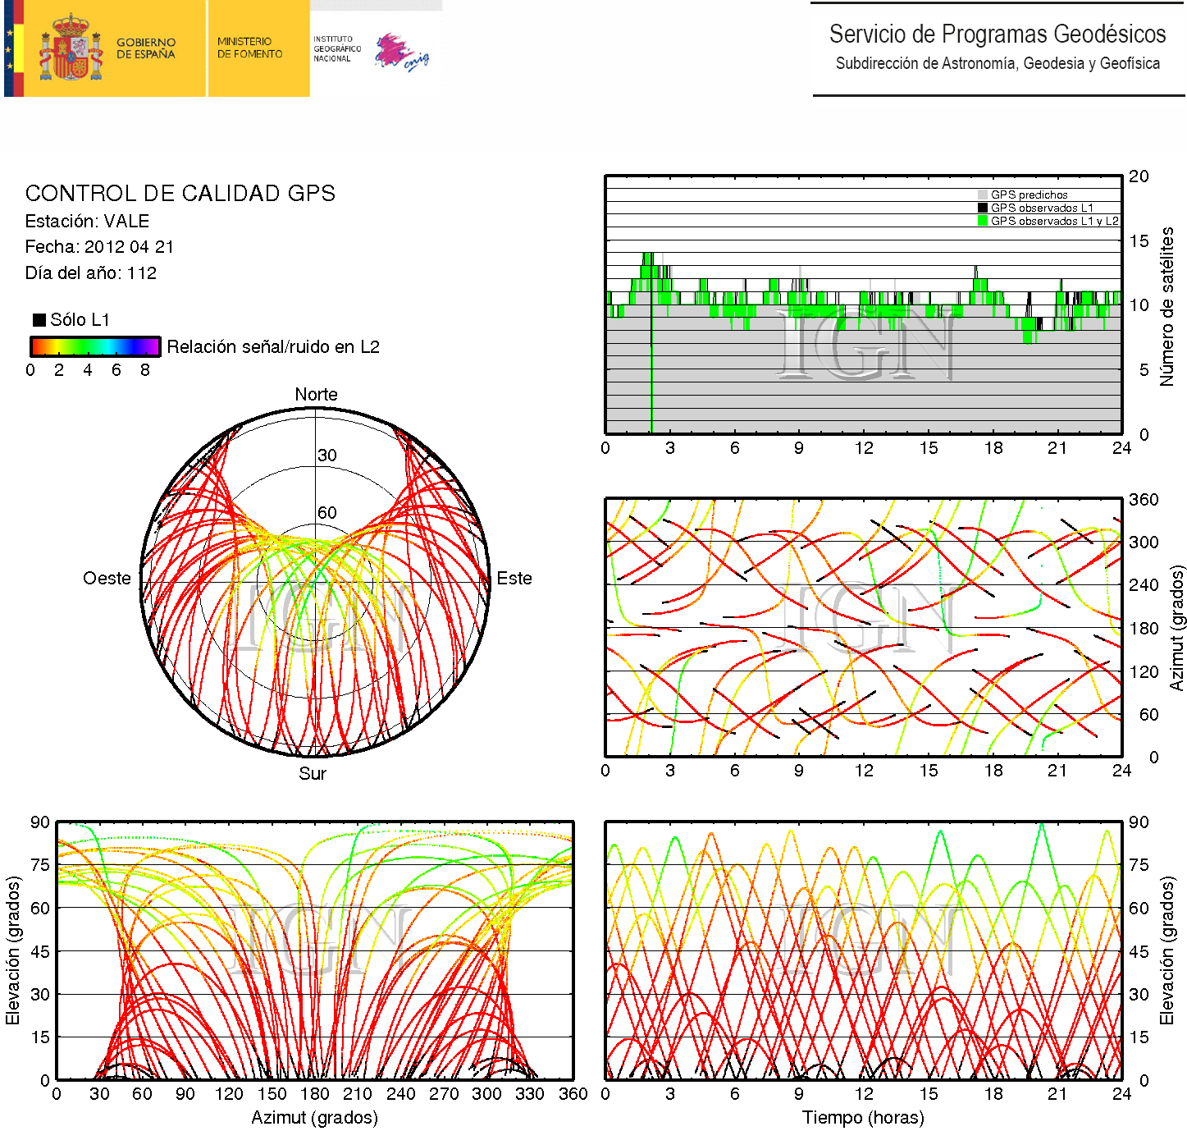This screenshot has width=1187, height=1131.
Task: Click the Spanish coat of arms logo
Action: tap(71, 48)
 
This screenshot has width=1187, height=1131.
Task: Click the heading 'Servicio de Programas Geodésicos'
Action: tap(997, 34)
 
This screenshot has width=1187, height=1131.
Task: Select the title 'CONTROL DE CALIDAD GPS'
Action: tap(180, 194)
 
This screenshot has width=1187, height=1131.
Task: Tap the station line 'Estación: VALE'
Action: tap(87, 222)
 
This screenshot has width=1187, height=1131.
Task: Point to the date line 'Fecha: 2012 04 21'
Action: tap(99, 247)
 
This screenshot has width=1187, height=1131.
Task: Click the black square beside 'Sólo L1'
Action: tap(39, 320)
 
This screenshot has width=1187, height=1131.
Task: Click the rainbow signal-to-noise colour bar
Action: tap(94, 346)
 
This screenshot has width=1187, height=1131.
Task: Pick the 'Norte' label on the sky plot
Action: tap(316, 395)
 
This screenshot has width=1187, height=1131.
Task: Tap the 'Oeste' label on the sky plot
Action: tap(107, 579)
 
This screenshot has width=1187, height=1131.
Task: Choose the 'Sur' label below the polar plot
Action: tap(313, 774)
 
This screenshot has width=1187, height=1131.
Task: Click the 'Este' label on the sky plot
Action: tap(514, 579)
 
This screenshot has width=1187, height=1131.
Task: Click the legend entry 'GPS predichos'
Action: tap(1029, 195)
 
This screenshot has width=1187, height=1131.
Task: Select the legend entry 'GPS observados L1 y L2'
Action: tap(1054, 222)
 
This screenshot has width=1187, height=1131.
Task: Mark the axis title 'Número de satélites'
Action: tap(1166, 306)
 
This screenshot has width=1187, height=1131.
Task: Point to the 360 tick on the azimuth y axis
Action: tap(1144, 500)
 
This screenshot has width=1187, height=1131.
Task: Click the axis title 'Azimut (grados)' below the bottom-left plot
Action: tap(314, 1118)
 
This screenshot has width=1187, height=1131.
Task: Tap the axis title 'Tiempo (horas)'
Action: tap(863, 1118)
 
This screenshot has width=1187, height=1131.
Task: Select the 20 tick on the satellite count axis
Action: tap(1139, 176)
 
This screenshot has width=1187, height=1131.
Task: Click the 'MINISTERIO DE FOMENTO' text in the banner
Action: tap(249, 48)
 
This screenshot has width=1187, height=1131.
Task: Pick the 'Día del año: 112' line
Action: tap(90, 273)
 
